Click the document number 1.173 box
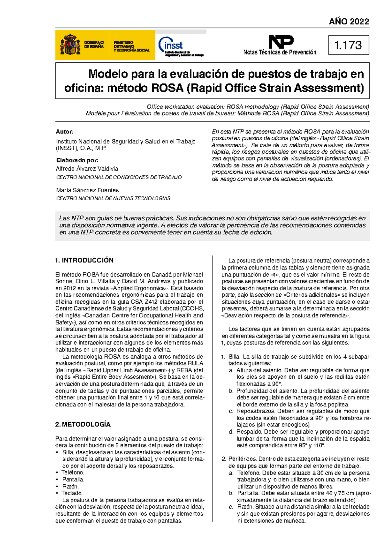348,45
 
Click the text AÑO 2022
349,22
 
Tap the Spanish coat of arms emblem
70,45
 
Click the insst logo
171,45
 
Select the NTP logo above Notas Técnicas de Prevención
281,42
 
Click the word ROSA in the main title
167,88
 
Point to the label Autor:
64,132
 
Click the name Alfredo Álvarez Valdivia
87,169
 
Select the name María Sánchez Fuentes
87,190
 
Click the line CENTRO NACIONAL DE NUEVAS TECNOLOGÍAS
113,198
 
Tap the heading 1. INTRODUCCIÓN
84,260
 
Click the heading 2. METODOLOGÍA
83,424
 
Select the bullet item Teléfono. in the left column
73,472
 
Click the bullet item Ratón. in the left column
70,486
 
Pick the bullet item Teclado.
72,493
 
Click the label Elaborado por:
77,160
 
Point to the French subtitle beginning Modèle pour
227,113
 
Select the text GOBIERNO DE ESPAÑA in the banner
94,45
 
